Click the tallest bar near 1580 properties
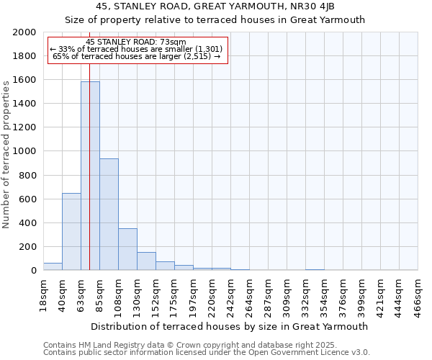pos(90,176)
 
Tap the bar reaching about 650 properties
pos(71,232)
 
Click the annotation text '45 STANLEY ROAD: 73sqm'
pos(136,42)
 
